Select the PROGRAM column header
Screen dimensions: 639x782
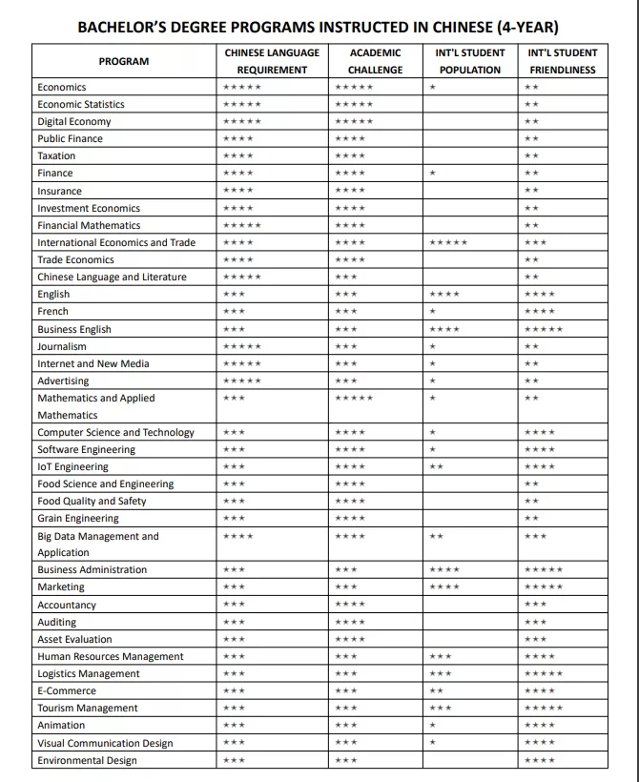pos(124,61)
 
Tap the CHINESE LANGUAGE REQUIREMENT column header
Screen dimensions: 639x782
pos(272,61)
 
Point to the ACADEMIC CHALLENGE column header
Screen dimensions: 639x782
pos(375,61)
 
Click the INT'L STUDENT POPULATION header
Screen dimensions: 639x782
pos(469,61)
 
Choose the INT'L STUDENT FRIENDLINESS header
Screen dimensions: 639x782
pos(562,61)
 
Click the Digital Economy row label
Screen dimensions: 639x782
pos(74,121)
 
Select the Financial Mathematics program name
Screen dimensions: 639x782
pos(89,225)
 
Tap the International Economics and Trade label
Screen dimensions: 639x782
pos(116,242)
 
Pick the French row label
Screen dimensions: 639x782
pos(53,311)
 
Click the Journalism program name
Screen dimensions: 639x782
pos(62,346)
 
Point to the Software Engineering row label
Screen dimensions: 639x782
pos(87,449)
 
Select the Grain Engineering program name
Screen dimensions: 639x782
pos(78,518)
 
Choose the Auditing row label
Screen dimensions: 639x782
pos(57,622)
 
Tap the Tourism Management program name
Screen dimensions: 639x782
pos(88,708)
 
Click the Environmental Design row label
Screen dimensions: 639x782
pos(87,760)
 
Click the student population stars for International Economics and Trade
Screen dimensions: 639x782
pos(449,243)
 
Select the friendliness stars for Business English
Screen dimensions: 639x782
pos(544,330)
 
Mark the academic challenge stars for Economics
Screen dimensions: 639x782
pos(354,88)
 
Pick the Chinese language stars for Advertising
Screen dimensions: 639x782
pos(241,381)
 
